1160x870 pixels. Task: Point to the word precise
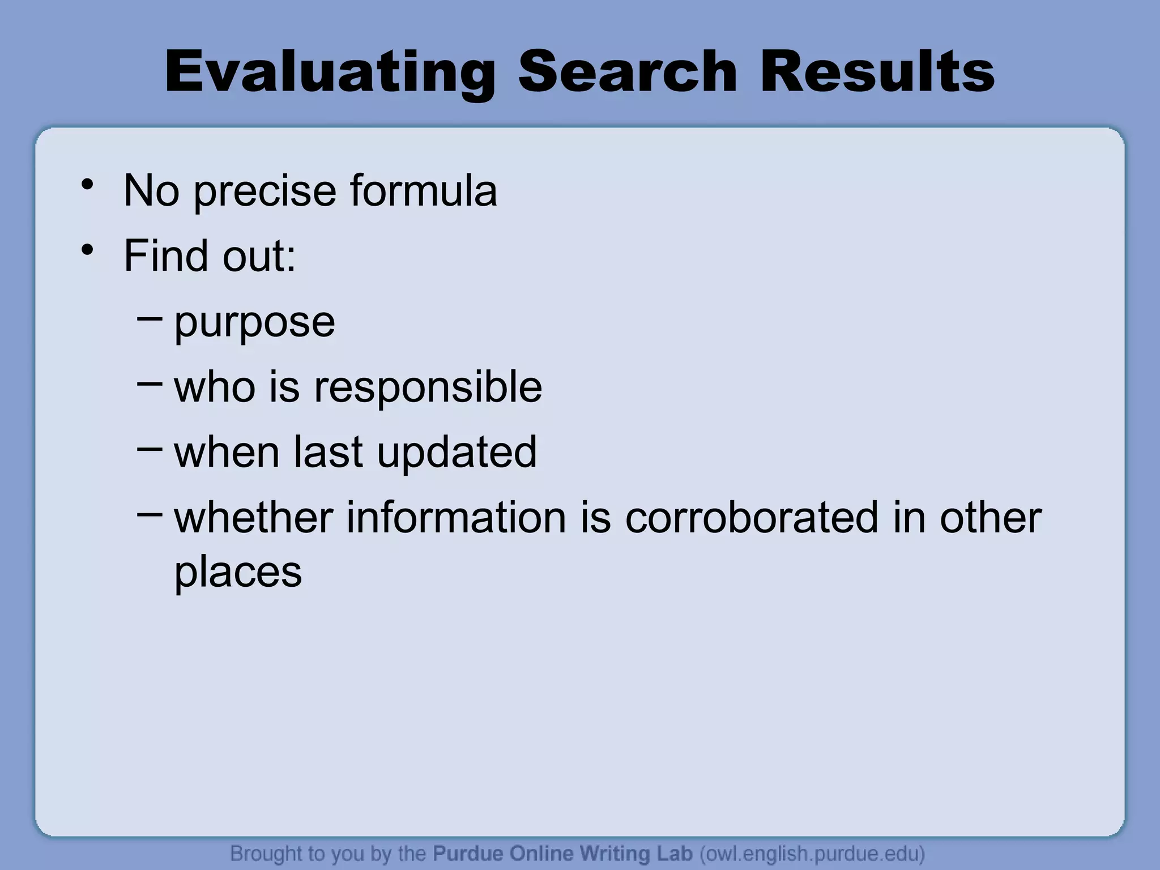point(265,191)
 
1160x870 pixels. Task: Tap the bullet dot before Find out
point(87,250)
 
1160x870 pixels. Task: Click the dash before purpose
point(150,319)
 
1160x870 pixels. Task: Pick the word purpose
point(254,323)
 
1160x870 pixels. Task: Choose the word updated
point(457,453)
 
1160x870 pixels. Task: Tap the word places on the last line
point(238,573)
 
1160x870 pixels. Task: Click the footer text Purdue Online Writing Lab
point(562,854)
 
